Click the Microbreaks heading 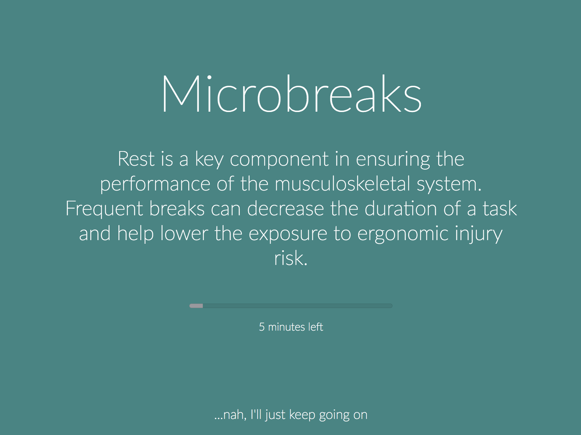[x=291, y=94]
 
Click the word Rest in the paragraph [x=136, y=159]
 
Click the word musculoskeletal [x=342, y=184]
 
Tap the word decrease [x=286, y=208]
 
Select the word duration [x=401, y=208]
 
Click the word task [x=500, y=208]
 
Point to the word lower [x=184, y=233]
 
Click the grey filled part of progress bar [x=196, y=306]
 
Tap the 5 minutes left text [x=291, y=327]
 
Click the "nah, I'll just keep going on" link [x=290, y=415]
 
